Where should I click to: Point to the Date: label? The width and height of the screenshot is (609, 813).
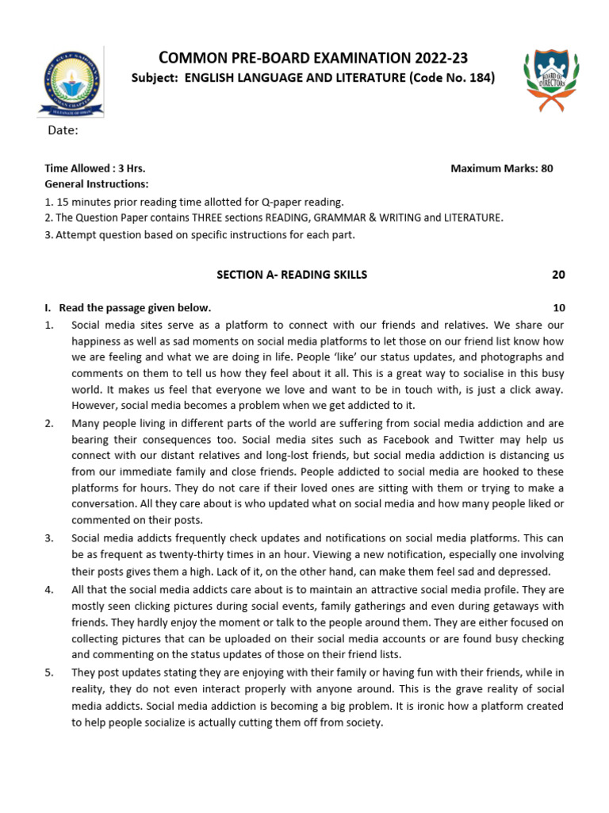pos(64,130)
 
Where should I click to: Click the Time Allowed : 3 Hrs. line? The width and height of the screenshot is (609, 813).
pos(95,168)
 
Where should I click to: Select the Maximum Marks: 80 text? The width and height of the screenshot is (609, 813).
pos(501,168)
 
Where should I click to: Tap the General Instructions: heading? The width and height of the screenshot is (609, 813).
pos(96,184)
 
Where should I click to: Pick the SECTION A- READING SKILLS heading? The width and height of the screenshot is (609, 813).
pos(292,275)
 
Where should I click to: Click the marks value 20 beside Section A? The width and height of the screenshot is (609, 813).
pos(558,275)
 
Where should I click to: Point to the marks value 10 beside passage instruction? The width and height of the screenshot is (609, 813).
pos(558,308)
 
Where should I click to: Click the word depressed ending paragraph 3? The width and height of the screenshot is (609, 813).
pos(527,571)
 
